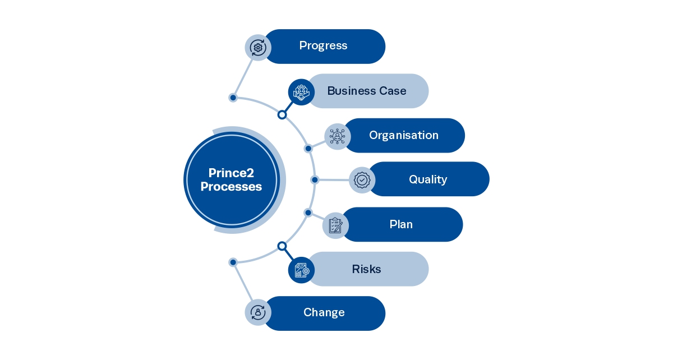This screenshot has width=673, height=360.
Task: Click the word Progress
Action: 323,46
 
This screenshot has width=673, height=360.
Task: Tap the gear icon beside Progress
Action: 258,47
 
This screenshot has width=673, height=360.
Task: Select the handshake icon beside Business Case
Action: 301,92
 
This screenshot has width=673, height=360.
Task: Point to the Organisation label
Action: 403,135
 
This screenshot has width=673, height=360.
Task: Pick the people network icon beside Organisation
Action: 337,136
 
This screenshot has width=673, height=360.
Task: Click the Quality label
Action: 427,179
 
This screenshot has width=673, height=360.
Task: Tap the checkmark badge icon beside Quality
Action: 362,180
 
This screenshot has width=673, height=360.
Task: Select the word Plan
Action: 401,224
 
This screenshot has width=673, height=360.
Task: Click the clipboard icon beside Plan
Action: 335,225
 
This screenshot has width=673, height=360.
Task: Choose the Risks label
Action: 366,269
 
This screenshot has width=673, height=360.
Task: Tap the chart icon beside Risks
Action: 301,270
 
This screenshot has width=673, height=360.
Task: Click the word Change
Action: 324,313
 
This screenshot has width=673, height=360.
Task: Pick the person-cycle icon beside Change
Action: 258,312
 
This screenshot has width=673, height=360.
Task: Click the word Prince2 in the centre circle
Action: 231,173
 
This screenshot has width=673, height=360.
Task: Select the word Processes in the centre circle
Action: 231,187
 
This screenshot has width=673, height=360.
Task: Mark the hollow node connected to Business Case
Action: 282,114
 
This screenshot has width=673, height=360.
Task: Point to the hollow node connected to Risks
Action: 282,246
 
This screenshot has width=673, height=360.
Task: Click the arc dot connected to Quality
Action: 315,180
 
